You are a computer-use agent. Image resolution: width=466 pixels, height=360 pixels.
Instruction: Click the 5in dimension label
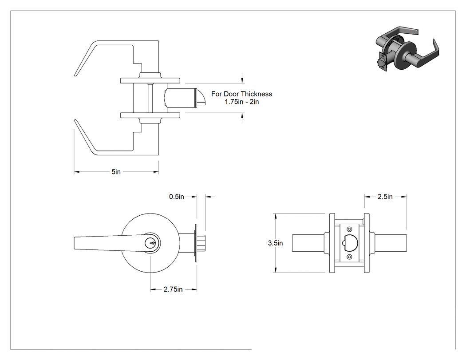[x=116, y=172]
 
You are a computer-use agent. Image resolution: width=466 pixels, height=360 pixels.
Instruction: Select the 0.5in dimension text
[x=177, y=197]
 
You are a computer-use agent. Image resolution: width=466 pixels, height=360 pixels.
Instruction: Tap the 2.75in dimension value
[x=173, y=289]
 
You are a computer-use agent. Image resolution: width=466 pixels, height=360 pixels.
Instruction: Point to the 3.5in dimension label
[x=275, y=243]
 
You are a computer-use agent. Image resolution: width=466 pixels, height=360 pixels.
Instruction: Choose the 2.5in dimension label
[x=385, y=197]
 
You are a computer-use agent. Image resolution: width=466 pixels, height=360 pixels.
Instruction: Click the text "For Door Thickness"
[x=241, y=94]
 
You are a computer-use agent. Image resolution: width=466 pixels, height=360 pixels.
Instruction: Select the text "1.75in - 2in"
[x=241, y=102]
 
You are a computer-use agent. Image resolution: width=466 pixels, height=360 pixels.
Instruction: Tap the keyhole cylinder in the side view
[x=150, y=243]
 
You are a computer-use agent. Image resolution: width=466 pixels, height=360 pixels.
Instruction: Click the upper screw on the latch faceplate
[x=349, y=229]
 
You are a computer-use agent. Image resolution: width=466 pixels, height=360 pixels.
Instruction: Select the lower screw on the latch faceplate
[x=349, y=257]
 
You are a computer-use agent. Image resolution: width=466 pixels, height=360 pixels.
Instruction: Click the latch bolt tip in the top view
[x=201, y=98]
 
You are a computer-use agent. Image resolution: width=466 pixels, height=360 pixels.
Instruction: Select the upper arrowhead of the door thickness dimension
[x=242, y=80]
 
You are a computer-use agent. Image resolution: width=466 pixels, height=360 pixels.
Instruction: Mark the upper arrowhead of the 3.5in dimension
[x=276, y=216]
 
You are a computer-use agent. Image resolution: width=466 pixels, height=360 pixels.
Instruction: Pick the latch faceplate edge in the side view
[x=196, y=243]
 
